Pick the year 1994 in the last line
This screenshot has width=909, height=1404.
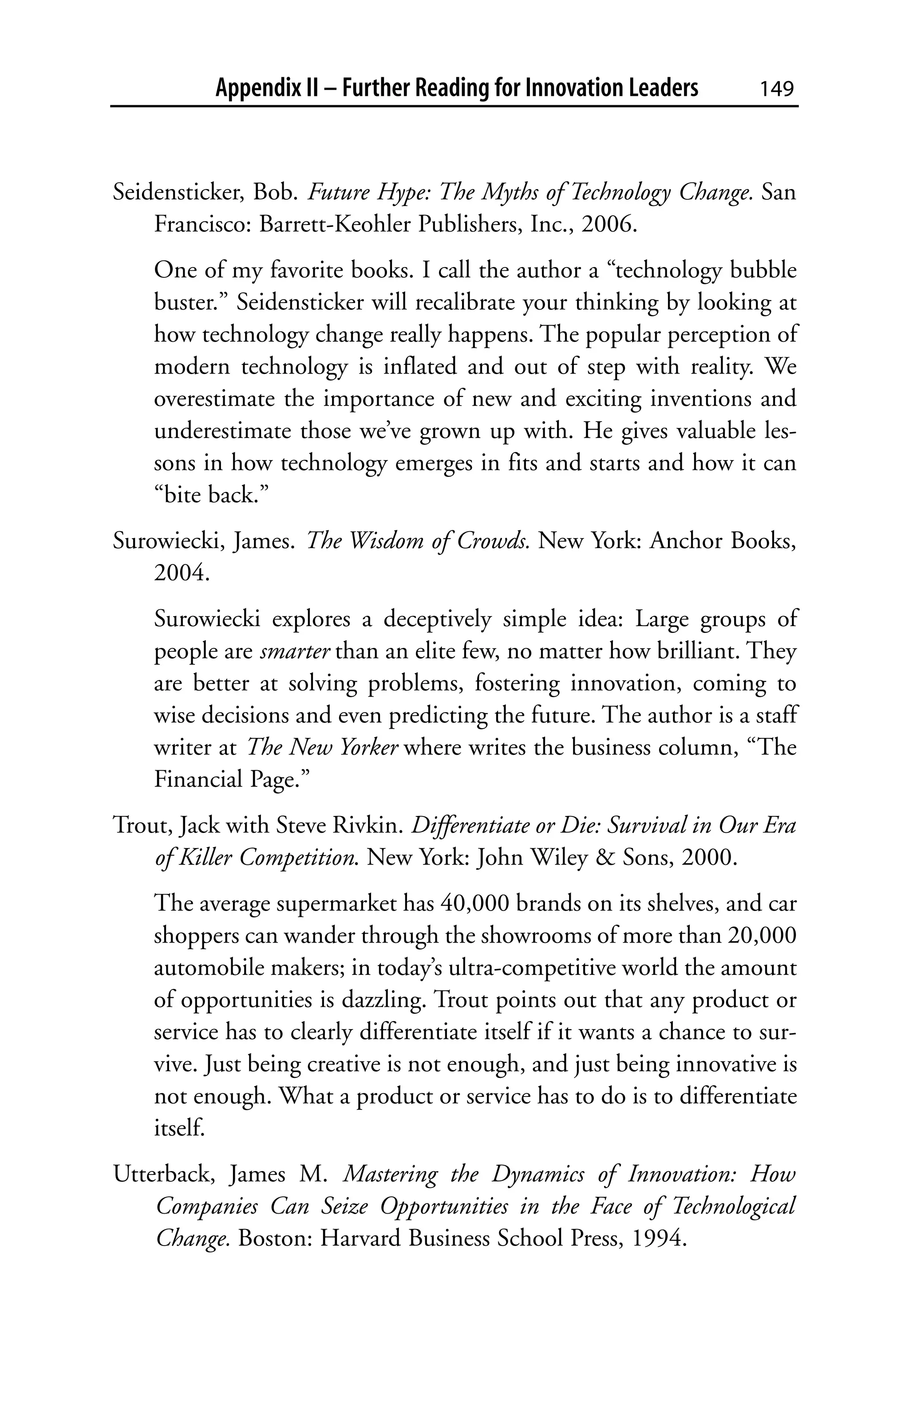click(x=659, y=1238)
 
